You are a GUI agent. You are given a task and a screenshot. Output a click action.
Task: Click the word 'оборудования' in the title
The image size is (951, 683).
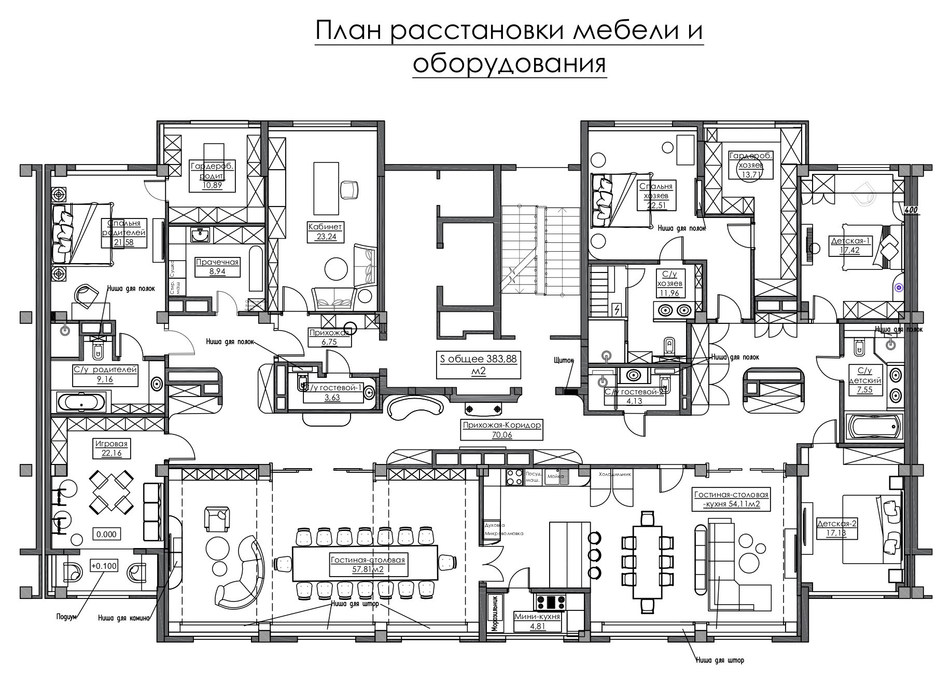(x=509, y=64)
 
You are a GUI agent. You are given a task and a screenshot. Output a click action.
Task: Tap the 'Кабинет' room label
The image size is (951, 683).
(x=325, y=227)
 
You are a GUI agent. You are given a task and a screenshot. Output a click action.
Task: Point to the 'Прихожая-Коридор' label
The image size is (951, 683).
(x=501, y=425)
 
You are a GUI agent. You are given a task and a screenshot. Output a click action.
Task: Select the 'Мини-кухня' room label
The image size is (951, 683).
(x=537, y=617)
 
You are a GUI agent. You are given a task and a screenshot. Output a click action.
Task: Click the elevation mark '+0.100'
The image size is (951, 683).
(x=104, y=566)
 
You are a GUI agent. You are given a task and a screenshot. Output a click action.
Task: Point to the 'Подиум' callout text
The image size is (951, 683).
(x=66, y=617)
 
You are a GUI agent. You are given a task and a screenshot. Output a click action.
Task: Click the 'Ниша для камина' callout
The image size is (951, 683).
(x=124, y=618)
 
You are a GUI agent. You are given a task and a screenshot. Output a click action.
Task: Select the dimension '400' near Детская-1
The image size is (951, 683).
(x=911, y=210)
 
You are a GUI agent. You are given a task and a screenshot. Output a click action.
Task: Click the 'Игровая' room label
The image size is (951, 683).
(x=111, y=444)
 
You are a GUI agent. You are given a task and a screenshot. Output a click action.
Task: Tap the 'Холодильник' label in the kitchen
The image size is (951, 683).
(x=614, y=474)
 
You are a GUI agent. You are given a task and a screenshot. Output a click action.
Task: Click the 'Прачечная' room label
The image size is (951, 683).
(x=217, y=262)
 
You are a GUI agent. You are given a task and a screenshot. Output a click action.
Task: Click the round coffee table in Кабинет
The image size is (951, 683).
(x=335, y=268)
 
